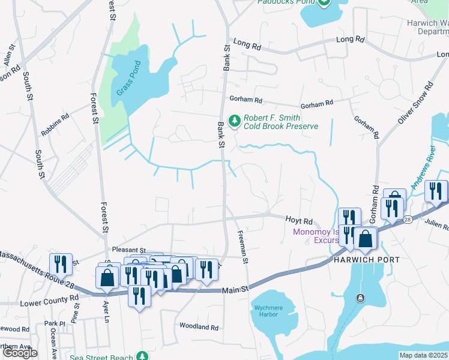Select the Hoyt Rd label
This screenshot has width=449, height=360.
[299, 221]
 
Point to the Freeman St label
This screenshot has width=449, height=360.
[244, 248]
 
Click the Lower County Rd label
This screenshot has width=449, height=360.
[49, 298]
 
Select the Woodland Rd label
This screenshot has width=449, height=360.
[199, 326]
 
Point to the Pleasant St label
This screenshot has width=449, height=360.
[129, 250]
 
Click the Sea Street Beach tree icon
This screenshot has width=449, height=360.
[142, 356]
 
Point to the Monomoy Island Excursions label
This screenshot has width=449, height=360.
[315, 236]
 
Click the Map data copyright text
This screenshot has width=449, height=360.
[423, 355]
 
